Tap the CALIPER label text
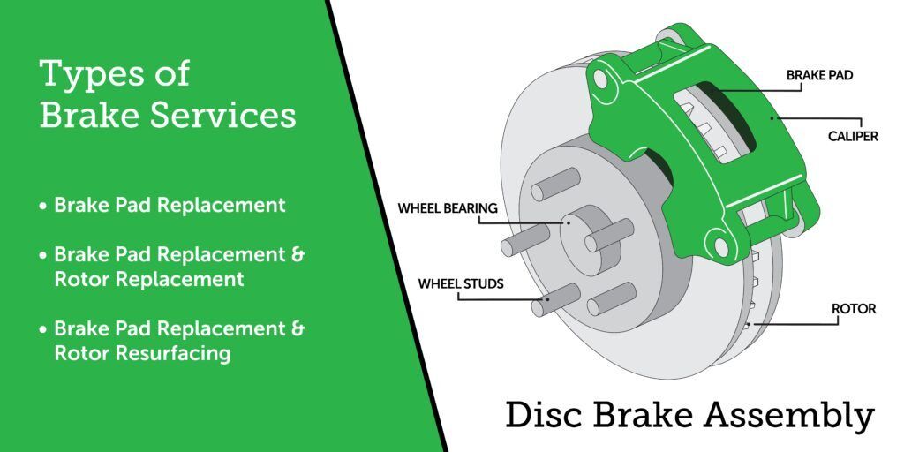tap(852, 137)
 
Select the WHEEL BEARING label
tap(448, 209)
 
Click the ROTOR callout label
tap(854, 309)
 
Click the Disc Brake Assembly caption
tap(689, 415)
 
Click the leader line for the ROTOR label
tap(795, 323)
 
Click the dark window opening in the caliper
tap(719, 124)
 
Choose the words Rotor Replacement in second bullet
tap(148, 279)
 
